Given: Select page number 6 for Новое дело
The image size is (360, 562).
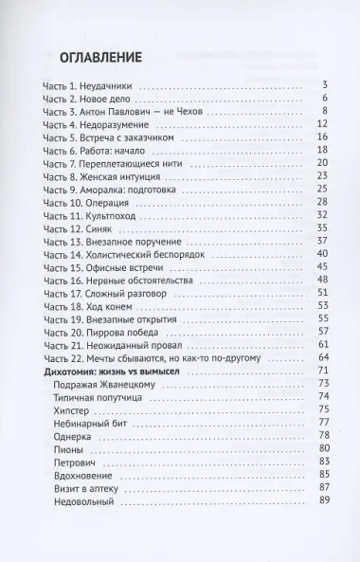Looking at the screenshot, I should click(x=324, y=99).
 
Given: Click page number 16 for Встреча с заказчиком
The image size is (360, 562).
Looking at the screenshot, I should click(x=321, y=139).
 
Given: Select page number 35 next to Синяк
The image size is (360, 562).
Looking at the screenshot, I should click(x=321, y=228).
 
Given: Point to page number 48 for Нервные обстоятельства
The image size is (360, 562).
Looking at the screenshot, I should click(x=321, y=280).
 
